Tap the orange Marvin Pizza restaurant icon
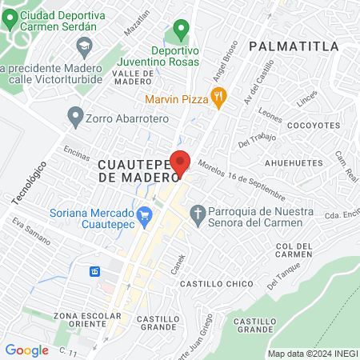(x=219, y=98)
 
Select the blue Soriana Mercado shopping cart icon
(x=145, y=214)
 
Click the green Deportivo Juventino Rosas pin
(x=181, y=31)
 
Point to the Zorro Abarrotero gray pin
(x=76, y=118)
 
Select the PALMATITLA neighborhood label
(x=294, y=46)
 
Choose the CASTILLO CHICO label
(x=216, y=284)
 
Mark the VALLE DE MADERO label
(x=132, y=77)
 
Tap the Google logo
(x=26, y=350)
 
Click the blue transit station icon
(x=94, y=271)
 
